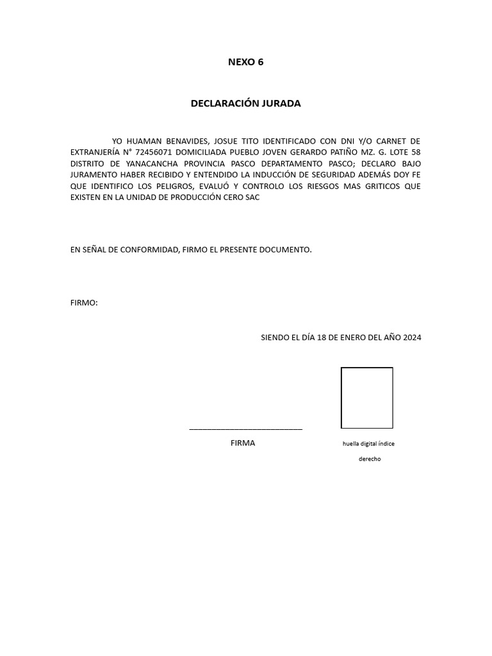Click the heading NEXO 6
click(x=245, y=62)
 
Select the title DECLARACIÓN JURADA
click(x=245, y=103)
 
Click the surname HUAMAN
click(x=145, y=140)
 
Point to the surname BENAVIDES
click(x=188, y=140)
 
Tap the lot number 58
click(x=415, y=152)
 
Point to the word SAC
click(x=252, y=198)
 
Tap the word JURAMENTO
click(x=93, y=175)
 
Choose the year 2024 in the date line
click(x=412, y=337)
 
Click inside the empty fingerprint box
click(x=366, y=397)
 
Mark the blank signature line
click(x=245, y=428)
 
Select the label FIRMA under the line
click(x=243, y=443)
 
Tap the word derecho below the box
click(x=369, y=459)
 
